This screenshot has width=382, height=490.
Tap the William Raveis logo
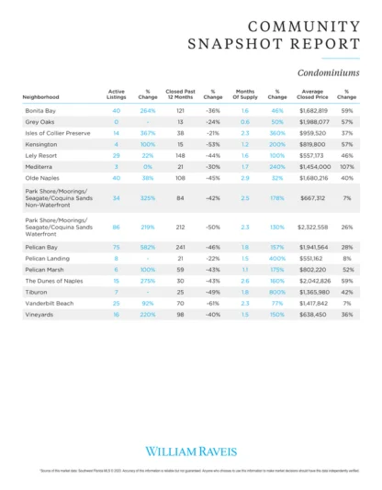pos(190,451)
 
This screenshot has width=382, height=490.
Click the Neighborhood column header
pos(41,96)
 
